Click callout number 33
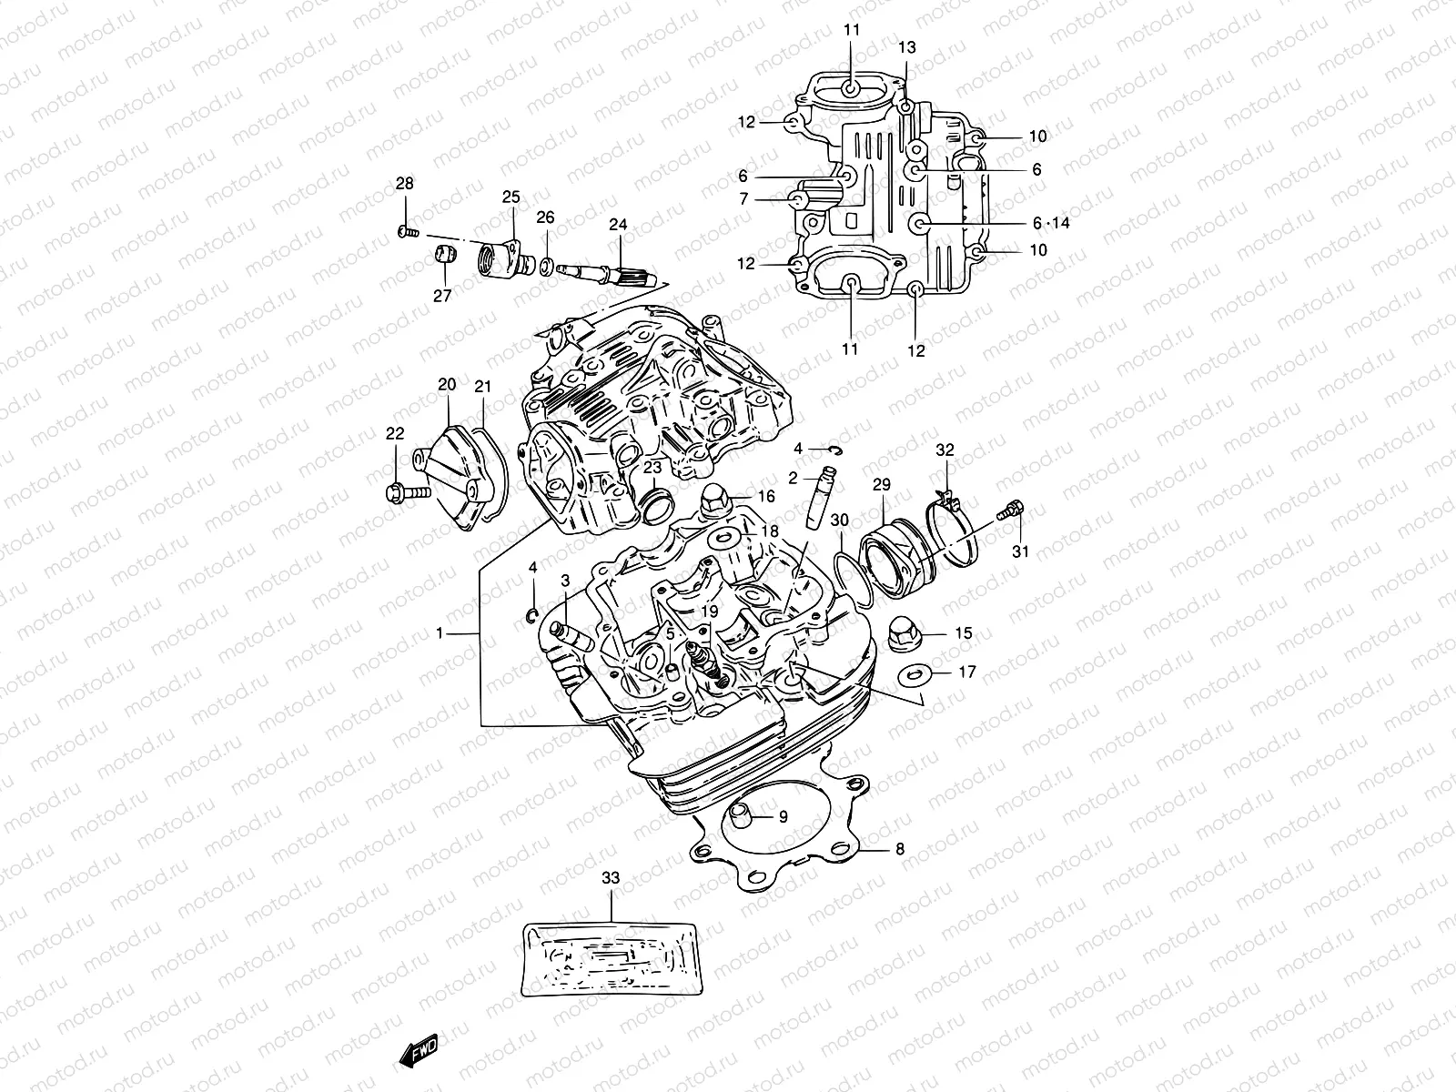tap(611, 878)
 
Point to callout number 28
tap(404, 184)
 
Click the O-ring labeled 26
tap(546, 266)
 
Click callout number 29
tap(882, 485)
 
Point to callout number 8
tap(899, 850)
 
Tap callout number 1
tap(441, 633)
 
